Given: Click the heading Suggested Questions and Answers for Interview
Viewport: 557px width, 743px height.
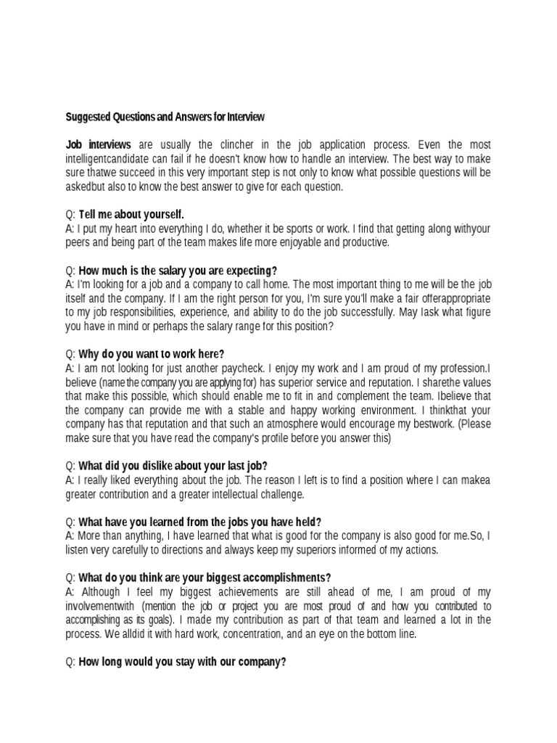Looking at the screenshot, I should coord(165,116).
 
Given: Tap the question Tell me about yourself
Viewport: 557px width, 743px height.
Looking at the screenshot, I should coord(131,214).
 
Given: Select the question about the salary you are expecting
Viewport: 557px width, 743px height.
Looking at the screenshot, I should coord(178,271).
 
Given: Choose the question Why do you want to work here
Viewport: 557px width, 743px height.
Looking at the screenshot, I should coord(152,354).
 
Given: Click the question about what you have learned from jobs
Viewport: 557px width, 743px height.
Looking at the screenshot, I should coord(199,522).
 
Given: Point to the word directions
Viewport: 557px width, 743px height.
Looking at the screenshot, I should coord(191,549).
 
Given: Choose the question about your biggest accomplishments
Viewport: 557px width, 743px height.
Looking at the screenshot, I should coord(205,578).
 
